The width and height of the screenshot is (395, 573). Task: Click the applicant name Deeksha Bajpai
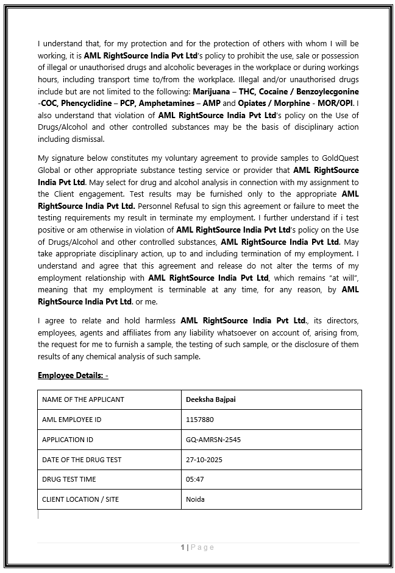(210, 399)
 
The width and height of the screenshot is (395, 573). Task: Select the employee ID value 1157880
(200, 420)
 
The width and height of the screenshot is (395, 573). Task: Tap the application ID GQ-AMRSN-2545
(213, 440)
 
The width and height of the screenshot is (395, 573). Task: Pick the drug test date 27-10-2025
(204, 459)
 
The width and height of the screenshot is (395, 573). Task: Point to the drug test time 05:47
(195, 479)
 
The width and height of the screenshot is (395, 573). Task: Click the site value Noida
(195, 499)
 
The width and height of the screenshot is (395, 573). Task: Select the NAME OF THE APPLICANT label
(83, 399)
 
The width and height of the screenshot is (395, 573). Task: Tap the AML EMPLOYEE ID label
(72, 420)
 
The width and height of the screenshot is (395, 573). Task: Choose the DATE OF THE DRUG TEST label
(82, 459)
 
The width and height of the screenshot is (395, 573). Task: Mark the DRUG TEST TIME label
(69, 479)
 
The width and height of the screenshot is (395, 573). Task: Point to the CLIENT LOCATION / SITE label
(80, 499)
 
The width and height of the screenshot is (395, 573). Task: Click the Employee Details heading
(73, 375)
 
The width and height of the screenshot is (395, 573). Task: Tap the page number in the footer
(183, 547)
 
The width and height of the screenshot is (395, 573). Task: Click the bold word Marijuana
(212, 91)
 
